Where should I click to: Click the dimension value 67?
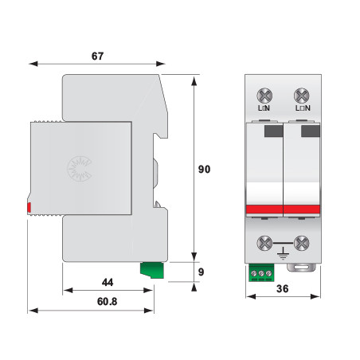97,57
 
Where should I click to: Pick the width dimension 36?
282,289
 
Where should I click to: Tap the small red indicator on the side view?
29,208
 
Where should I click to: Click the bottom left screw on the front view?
264,244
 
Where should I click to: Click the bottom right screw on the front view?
301,244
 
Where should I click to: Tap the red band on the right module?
300,209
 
